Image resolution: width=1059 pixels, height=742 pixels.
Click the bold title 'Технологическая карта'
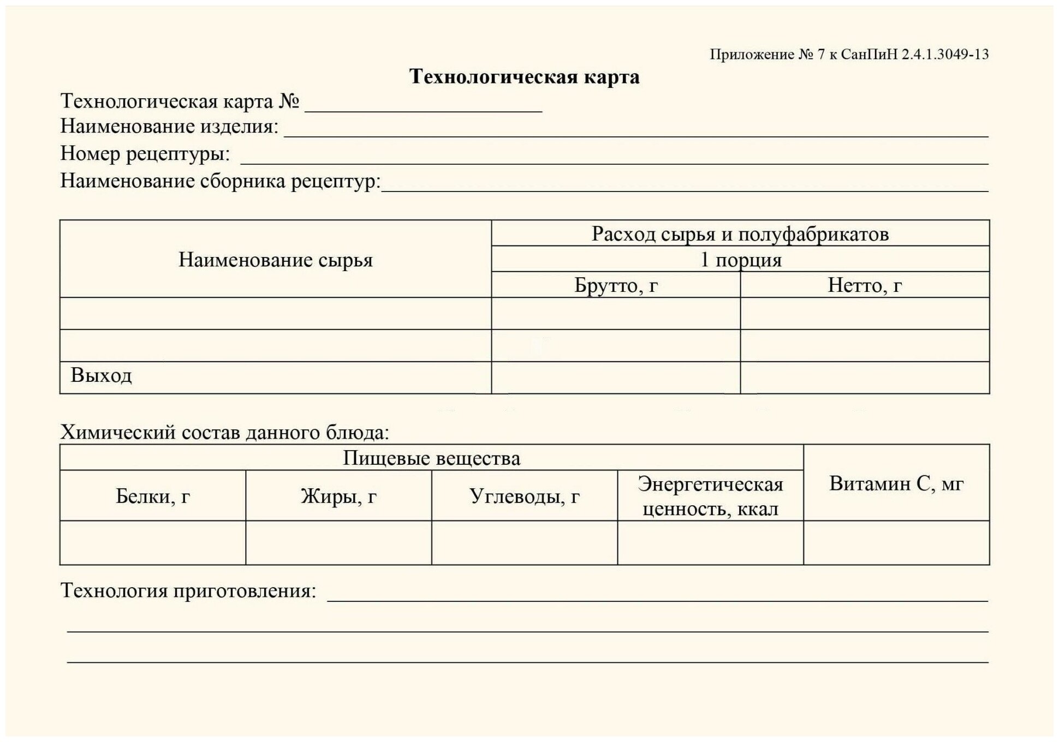click(524, 77)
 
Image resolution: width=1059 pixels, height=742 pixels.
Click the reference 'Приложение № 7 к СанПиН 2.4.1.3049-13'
click(849, 55)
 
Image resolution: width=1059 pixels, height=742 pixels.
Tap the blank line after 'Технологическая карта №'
click(423, 106)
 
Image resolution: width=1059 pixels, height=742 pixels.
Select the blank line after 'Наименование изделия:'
click(636, 131)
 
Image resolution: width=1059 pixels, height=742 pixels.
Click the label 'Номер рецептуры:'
click(145, 154)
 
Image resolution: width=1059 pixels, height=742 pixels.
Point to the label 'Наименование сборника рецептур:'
click(220, 181)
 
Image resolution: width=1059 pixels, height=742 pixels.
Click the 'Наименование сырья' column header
click(275, 260)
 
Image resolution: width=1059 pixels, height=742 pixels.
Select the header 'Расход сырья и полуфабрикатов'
click(740, 234)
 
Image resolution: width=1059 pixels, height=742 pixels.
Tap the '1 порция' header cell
click(740, 260)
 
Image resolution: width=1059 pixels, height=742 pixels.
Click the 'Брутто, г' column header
click(616, 285)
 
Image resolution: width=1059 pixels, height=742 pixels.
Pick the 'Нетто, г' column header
click(865, 285)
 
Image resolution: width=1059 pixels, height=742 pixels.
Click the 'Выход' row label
click(102, 376)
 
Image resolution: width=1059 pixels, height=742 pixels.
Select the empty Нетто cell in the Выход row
click(865, 378)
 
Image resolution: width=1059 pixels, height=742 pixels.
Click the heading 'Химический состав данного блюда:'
click(224, 433)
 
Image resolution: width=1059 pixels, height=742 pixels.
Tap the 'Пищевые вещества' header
click(431, 458)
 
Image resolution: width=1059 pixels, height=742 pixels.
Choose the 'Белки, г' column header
click(153, 496)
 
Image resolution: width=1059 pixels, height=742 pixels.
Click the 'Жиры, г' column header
click(338, 496)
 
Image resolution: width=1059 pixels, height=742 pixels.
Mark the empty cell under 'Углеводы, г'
click(524, 543)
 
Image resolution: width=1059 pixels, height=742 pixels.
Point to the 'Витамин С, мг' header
click(896, 483)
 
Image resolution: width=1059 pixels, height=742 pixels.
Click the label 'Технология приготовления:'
click(188, 591)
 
